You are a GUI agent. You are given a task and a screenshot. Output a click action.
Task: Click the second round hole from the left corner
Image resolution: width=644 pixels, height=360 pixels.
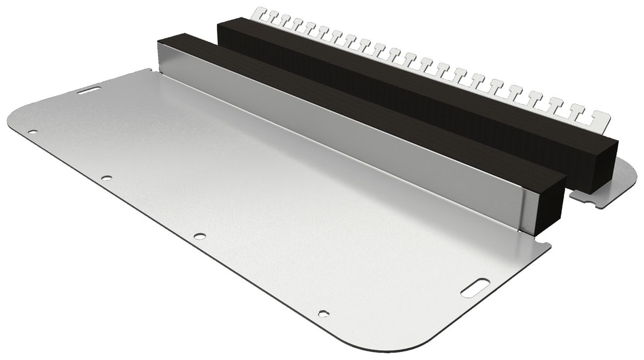[107, 177]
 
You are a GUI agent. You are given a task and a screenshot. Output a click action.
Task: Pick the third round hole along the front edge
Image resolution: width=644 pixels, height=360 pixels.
[200, 234]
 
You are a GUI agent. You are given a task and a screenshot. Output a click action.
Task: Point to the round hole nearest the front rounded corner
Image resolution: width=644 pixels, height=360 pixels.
[322, 313]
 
